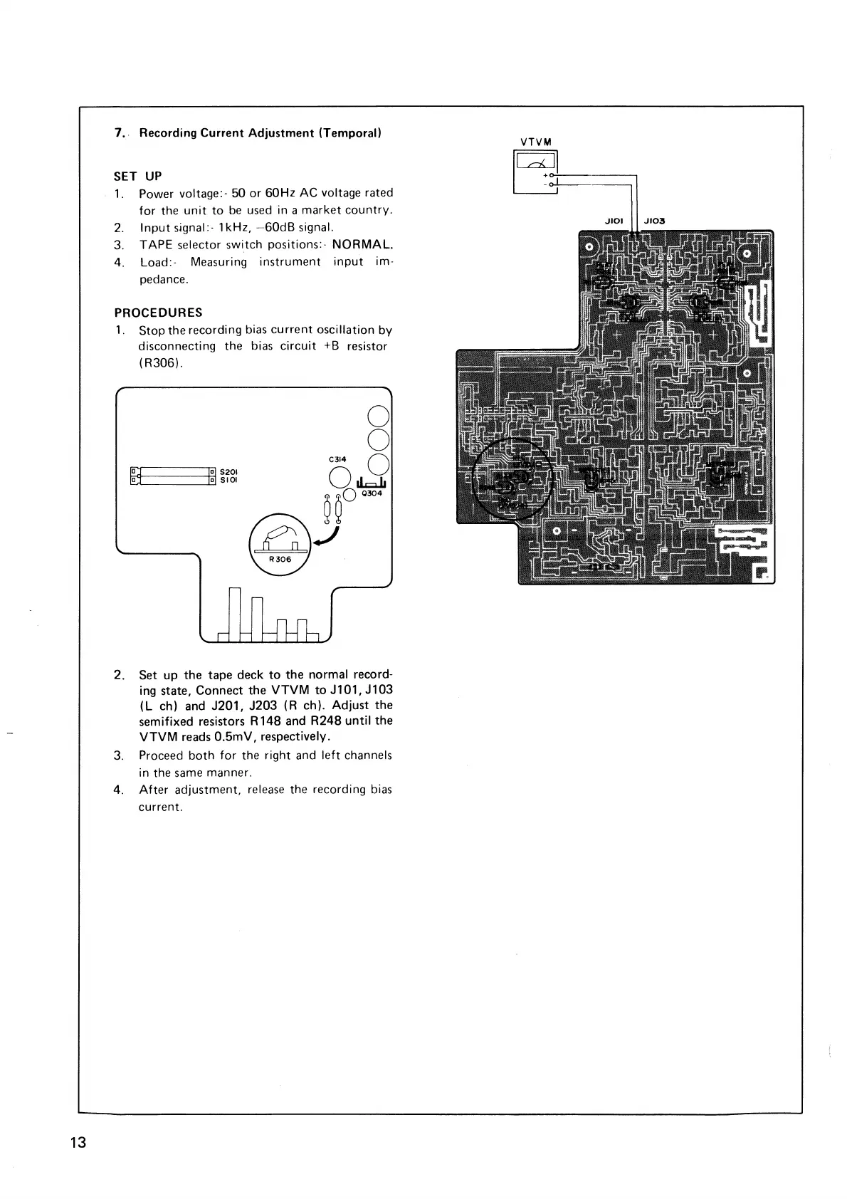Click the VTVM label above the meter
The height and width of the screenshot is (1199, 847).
coord(536,141)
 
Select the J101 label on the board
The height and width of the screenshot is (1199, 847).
coord(614,221)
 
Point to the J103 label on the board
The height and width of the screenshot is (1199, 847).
coord(653,221)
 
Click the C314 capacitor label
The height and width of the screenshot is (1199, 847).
coord(337,459)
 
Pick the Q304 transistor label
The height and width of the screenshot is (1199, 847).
coord(372,493)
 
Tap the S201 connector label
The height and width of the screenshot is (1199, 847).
coord(228,471)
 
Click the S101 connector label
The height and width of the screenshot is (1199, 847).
coord(228,480)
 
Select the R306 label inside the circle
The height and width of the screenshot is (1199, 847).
coord(280,559)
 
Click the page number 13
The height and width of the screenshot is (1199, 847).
coord(78,1143)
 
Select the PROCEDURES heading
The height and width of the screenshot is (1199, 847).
coord(158,313)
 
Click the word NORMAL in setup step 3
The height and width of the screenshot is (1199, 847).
coord(362,245)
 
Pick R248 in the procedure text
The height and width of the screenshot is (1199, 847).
coord(327,721)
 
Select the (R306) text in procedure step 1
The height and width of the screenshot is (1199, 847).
coord(160,363)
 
